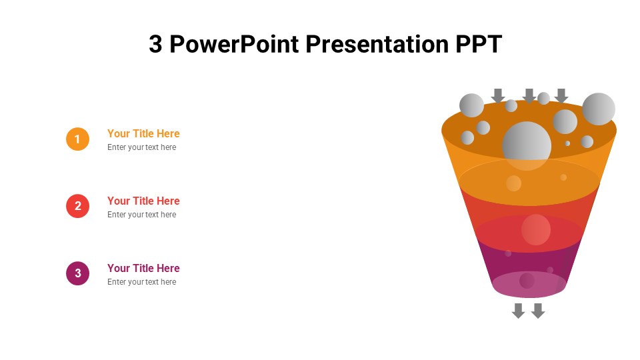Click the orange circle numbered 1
point(77,139)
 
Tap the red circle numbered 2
point(77,206)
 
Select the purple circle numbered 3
point(77,273)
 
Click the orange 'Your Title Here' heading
point(143,133)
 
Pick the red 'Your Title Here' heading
point(143,201)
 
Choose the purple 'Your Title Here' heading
point(143,268)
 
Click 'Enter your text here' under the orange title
point(141,147)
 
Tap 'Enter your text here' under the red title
point(141,215)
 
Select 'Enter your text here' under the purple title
point(141,282)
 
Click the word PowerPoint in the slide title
point(234,44)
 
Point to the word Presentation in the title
point(377,44)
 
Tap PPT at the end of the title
point(479,44)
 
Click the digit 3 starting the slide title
point(155,44)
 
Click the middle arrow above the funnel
point(529,95)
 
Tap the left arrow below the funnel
point(519,311)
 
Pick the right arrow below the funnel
point(538,311)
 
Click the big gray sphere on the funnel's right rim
point(599,109)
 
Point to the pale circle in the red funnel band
point(536,230)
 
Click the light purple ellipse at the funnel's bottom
point(529,284)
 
